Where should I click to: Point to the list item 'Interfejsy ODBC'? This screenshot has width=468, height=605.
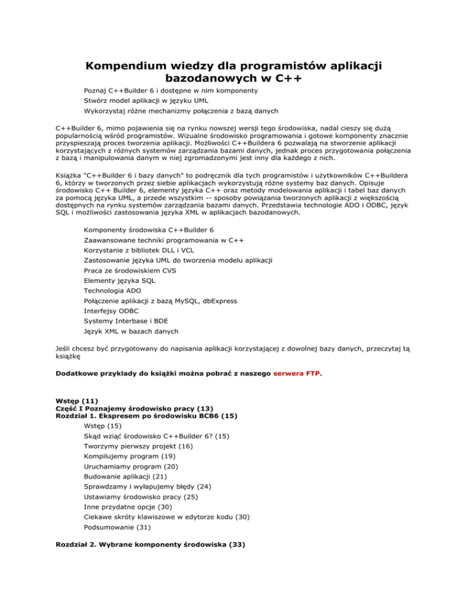[x=113, y=310]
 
